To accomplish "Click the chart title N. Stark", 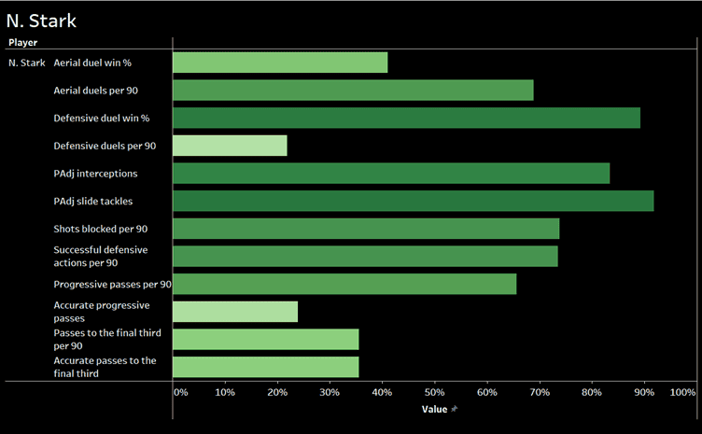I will (41, 20).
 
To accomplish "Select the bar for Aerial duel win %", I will (280, 63).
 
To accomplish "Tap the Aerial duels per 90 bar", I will (353, 91).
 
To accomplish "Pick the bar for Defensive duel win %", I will (406, 119).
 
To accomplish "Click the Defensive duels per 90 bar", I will (230, 146).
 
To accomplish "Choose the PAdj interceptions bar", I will (391, 174).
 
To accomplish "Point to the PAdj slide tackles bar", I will (413, 201).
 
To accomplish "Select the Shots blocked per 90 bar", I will (366, 229).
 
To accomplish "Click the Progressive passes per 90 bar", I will (344, 284).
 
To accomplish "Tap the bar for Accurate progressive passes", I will (235, 312).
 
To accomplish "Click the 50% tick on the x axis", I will (434, 393).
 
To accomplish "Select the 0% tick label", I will (181, 393).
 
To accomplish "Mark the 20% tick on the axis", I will (277, 393).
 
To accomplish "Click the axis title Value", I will (434, 409).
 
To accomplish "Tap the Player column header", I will (22, 42).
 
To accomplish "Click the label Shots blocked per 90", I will (100, 229).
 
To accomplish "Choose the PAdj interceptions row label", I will (95, 174).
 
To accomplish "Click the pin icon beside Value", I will (455, 409).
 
